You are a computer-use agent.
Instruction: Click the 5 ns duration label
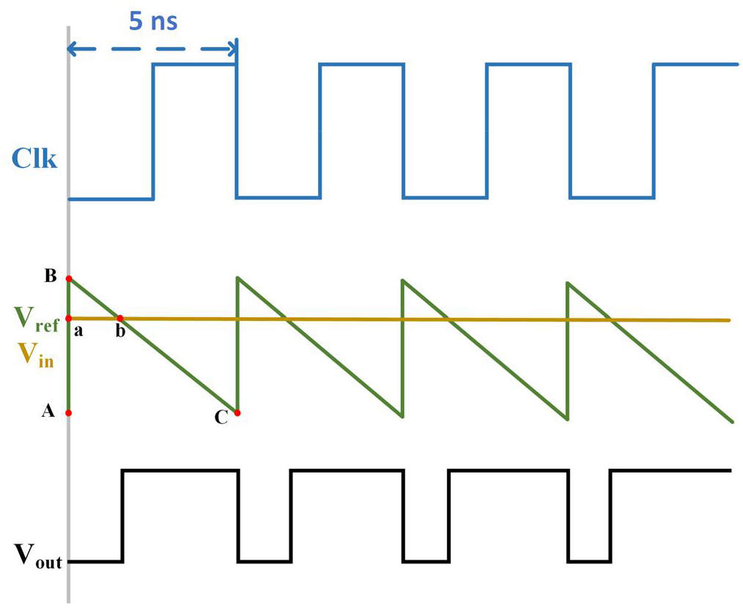[153, 21]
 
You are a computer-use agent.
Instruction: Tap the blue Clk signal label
[34, 159]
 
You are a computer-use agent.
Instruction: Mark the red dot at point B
[69, 279]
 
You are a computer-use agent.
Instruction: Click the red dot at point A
[69, 413]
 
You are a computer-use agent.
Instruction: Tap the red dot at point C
[237, 413]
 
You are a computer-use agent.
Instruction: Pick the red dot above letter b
[120, 319]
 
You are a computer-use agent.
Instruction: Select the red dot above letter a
[69, 319]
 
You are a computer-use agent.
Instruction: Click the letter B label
[51, 276]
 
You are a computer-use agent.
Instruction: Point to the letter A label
[48, 412]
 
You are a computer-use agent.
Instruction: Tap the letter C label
[220, 418]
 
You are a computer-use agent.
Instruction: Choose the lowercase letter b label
[120, 333]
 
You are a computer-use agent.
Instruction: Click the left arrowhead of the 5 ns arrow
[70, 50]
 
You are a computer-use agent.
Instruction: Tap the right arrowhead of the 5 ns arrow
[234, 50]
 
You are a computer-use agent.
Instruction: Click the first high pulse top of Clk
[194, 64]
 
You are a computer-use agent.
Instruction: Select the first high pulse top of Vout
[180, 470]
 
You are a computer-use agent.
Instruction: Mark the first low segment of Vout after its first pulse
[264, 562]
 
